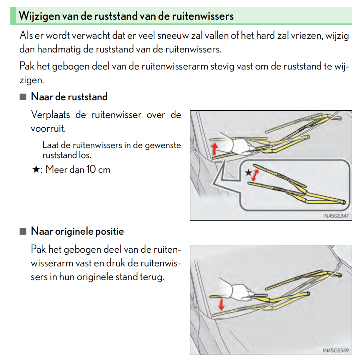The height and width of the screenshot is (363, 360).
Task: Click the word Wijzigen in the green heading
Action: (39, 16)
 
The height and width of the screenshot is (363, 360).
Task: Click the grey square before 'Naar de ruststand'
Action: (23, 97)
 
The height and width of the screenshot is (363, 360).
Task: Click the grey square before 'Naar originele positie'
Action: (23, 231)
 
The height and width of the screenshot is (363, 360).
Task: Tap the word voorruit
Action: (48, 128)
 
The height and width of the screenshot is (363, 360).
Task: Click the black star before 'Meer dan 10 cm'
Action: (36, 169)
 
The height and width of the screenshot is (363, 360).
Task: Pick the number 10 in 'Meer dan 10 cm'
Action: (91, 169)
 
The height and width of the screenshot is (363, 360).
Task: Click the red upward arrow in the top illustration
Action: (214, 149)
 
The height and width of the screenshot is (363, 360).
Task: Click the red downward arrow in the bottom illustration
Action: (221, 305)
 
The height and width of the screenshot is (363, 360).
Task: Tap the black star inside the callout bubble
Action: (248, 172)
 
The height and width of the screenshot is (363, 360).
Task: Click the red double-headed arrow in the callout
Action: (255, 175)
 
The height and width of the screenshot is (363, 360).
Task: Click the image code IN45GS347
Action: (336, 216)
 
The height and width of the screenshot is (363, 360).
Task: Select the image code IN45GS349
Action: (336, 351)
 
